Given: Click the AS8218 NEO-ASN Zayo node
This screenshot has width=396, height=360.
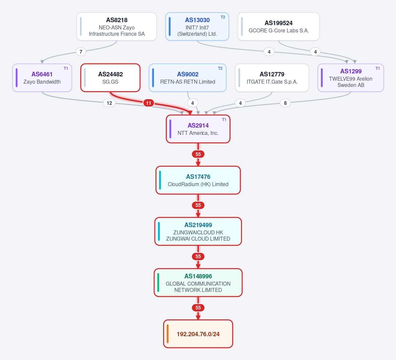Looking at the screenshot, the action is point(117,26).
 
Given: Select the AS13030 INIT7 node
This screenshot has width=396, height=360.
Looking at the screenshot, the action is point(197,26).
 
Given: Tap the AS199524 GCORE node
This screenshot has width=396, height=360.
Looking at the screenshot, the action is point(278,26).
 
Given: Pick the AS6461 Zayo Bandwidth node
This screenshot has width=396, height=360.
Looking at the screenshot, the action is point(42,78).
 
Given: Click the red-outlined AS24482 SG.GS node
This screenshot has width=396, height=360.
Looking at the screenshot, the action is point(110,78).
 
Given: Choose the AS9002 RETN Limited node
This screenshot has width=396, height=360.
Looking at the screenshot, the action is point(188,78).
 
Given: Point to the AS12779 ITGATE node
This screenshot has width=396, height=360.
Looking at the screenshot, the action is point(272,78).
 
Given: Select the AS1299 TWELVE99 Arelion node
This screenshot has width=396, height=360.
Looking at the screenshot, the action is point(351,78).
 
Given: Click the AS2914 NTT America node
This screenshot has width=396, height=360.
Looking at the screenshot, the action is point(198,129).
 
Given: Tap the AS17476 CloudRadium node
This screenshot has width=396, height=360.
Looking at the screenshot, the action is point(198,180).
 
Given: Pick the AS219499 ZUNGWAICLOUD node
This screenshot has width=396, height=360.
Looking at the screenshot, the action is point(198,231).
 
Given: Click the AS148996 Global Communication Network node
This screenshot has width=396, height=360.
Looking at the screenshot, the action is point(198,283).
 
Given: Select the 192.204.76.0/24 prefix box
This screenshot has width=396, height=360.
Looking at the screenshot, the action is point(198,334).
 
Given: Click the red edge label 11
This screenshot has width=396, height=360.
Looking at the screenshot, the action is point(149,103).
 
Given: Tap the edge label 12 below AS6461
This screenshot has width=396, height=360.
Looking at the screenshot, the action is point(109,103).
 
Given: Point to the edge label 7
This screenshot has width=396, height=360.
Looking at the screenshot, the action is point(81,52).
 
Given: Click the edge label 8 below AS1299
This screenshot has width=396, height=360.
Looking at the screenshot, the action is point(285,103).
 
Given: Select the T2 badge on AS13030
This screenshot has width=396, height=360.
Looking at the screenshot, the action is point(223,17).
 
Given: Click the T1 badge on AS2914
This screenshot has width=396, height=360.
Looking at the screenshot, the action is point(224,120).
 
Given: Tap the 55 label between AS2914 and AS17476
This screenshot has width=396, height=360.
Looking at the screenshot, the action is point(198,154).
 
